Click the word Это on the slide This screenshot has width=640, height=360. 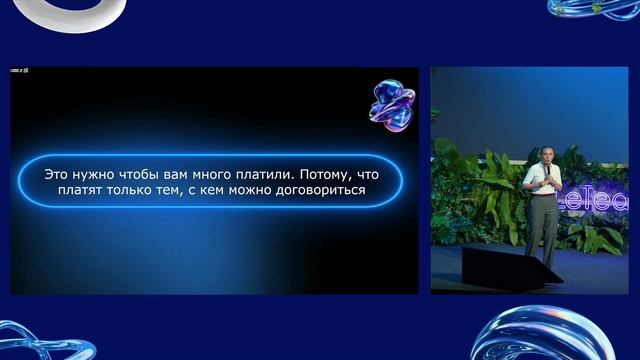point(58,173)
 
